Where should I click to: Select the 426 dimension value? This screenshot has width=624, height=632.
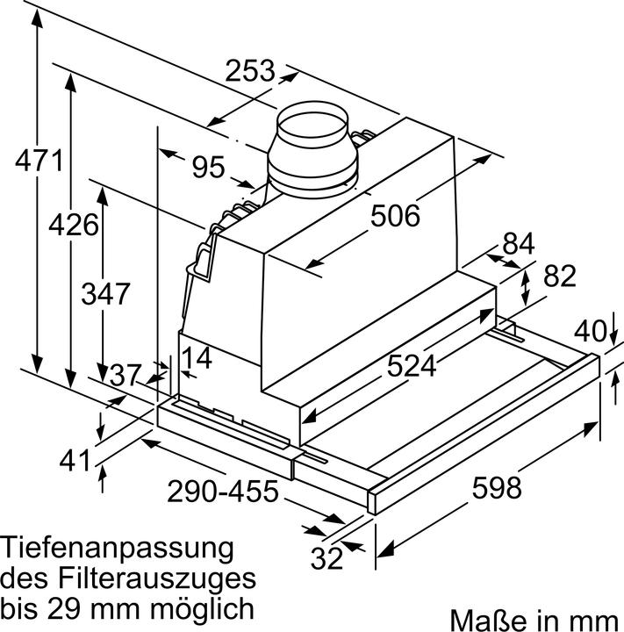(73, 224)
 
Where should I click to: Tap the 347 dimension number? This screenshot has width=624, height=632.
(106, 292)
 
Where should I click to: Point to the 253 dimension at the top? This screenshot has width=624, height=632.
(250, 70)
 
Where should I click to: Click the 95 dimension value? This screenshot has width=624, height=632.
(208, 166)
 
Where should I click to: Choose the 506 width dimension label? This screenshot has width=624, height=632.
(395, 214)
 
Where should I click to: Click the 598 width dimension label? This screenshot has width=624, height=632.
(498, 486)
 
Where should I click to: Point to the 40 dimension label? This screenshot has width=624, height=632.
(592, 332)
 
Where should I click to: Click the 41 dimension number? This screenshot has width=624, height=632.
(77, 460)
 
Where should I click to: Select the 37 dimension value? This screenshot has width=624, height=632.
(126, 375)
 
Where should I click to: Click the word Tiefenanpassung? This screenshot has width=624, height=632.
(118, 550)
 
